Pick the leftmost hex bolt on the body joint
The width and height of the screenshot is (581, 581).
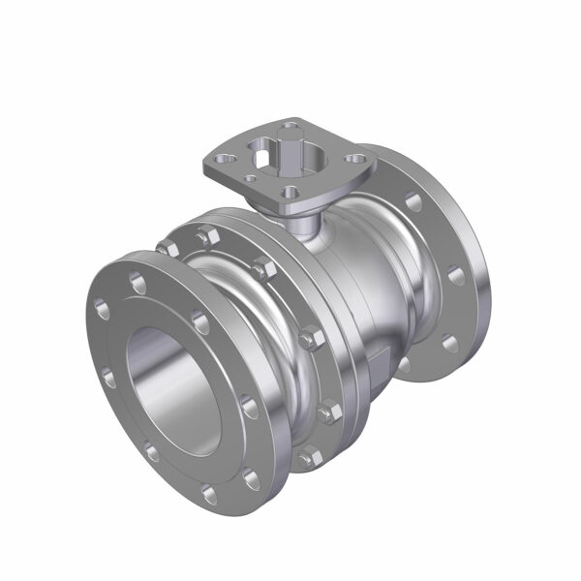170,249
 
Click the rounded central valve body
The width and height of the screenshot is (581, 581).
363,290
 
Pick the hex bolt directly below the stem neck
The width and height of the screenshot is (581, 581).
311,339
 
